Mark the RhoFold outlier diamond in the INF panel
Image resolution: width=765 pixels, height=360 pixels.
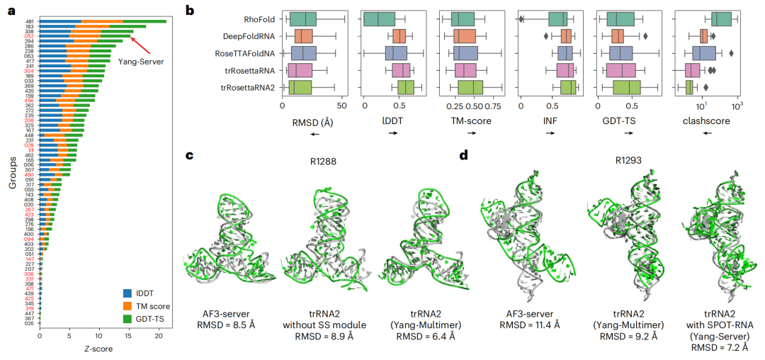tap(521, 20)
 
